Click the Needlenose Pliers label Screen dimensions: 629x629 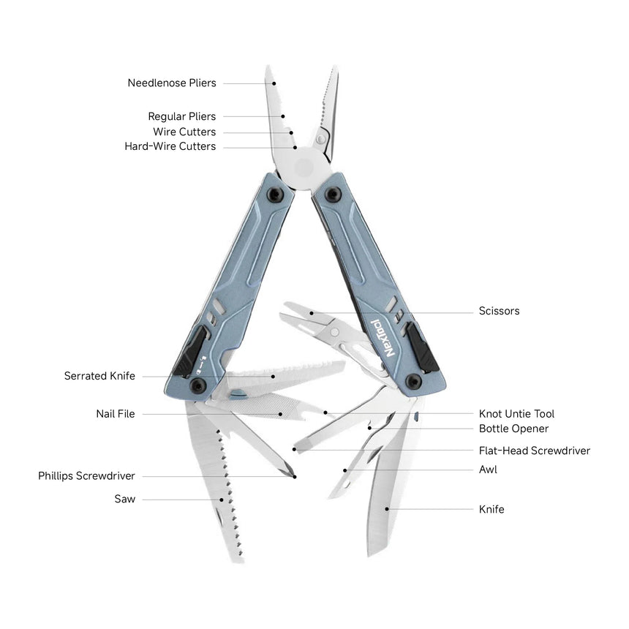click(x=172, y=83)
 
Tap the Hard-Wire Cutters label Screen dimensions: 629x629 click(x=170, y=146)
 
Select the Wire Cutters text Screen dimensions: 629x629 click(x=184, y=132)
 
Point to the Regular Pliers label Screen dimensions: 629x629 click(x=181, y=116)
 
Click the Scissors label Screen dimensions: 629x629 click(x=499, y=311)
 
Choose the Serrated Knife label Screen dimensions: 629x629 click(x=99, y=376)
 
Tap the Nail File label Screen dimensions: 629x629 click(x=116, y=414)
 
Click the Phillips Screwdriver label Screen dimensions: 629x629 click(x=86, y=476)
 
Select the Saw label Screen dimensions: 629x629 click(x=124, y=500)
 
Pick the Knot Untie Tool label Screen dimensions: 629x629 click(x=516, y=414)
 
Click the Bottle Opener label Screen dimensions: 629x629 click(x=513, y=429)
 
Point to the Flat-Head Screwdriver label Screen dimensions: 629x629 click(x=534, y=451)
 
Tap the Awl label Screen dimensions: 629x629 click(x=488, y=470)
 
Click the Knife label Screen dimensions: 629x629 click(x=491, y=509)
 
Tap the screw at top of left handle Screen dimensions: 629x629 click(x=276, y=194)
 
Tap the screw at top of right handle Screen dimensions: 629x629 click(x=333, y=194)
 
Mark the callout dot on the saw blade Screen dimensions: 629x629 click(x=222, y=500)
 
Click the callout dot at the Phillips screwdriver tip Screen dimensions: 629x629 click(x=295, y=476)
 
